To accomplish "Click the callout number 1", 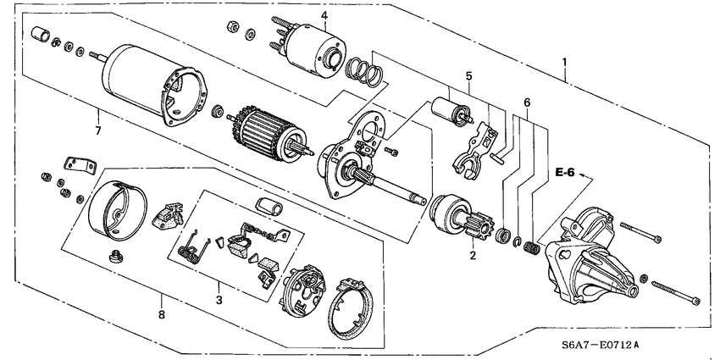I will pyautogui.click(x=566, y=61).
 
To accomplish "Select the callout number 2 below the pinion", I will pyautogui.click(x=473, y=253).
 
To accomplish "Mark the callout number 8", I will pyautogui.click(x=162, y=315).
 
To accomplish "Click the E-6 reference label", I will pyautogui.click(x=565, y=174).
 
